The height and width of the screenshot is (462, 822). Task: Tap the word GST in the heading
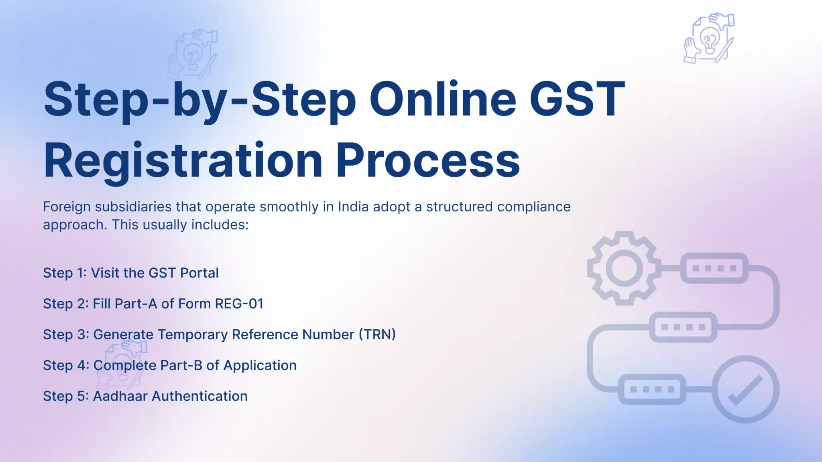577,99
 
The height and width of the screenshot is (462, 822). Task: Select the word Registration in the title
183,160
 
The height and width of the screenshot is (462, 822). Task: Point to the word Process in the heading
427,160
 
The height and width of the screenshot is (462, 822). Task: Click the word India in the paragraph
353,207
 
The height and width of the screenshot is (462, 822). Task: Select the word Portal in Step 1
199,273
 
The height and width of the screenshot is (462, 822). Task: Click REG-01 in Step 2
239,304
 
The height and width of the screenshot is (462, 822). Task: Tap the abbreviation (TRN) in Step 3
377,334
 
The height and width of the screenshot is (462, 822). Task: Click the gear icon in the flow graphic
624,268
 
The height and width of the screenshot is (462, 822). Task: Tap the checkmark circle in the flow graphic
746,389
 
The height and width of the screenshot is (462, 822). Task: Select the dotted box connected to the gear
714,268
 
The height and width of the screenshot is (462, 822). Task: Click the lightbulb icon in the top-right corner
709,38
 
